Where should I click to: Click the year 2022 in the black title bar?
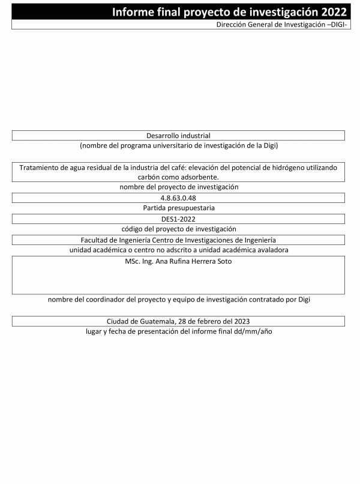pos(332,12)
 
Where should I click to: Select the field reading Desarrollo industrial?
pos(178,136)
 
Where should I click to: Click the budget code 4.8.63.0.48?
pos(178,198)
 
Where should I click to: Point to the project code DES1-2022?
pos(178,219)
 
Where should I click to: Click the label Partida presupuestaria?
pos(178,208)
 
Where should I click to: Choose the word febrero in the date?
pos(203,321)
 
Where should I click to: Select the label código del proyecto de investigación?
pos(178,229)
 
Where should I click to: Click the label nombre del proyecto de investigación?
pos(178,187)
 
